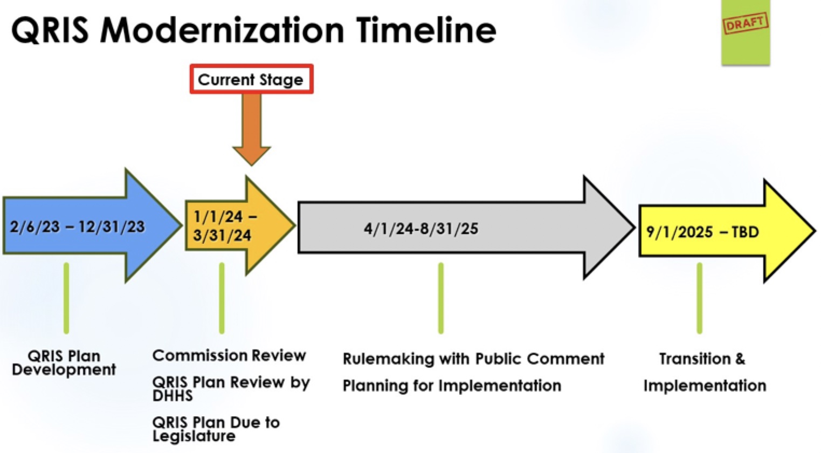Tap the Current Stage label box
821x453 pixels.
click(x=251, y=79)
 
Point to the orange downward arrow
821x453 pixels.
click(x=251, y=129)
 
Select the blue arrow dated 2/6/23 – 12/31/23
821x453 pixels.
click(x=92, y=226)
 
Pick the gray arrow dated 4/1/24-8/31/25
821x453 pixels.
click(x=465, y=228)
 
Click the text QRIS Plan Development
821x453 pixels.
click(x=64, y=363)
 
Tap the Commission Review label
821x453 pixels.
click(x=229, y=355)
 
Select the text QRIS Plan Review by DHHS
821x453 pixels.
click(x=231, y=389)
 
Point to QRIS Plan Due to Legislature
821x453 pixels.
click(x=216, y=429)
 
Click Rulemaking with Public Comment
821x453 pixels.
click(x=473, y=359)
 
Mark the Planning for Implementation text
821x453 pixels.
click(x=452, y=386)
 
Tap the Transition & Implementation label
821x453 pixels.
click(x=705, y=372)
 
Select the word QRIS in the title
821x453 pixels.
click(x=50, y=30)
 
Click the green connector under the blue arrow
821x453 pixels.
click(x=66, y=298)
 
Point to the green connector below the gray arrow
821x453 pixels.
click(x=440, y=298)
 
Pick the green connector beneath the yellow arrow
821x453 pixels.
click(x=699, y=298)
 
